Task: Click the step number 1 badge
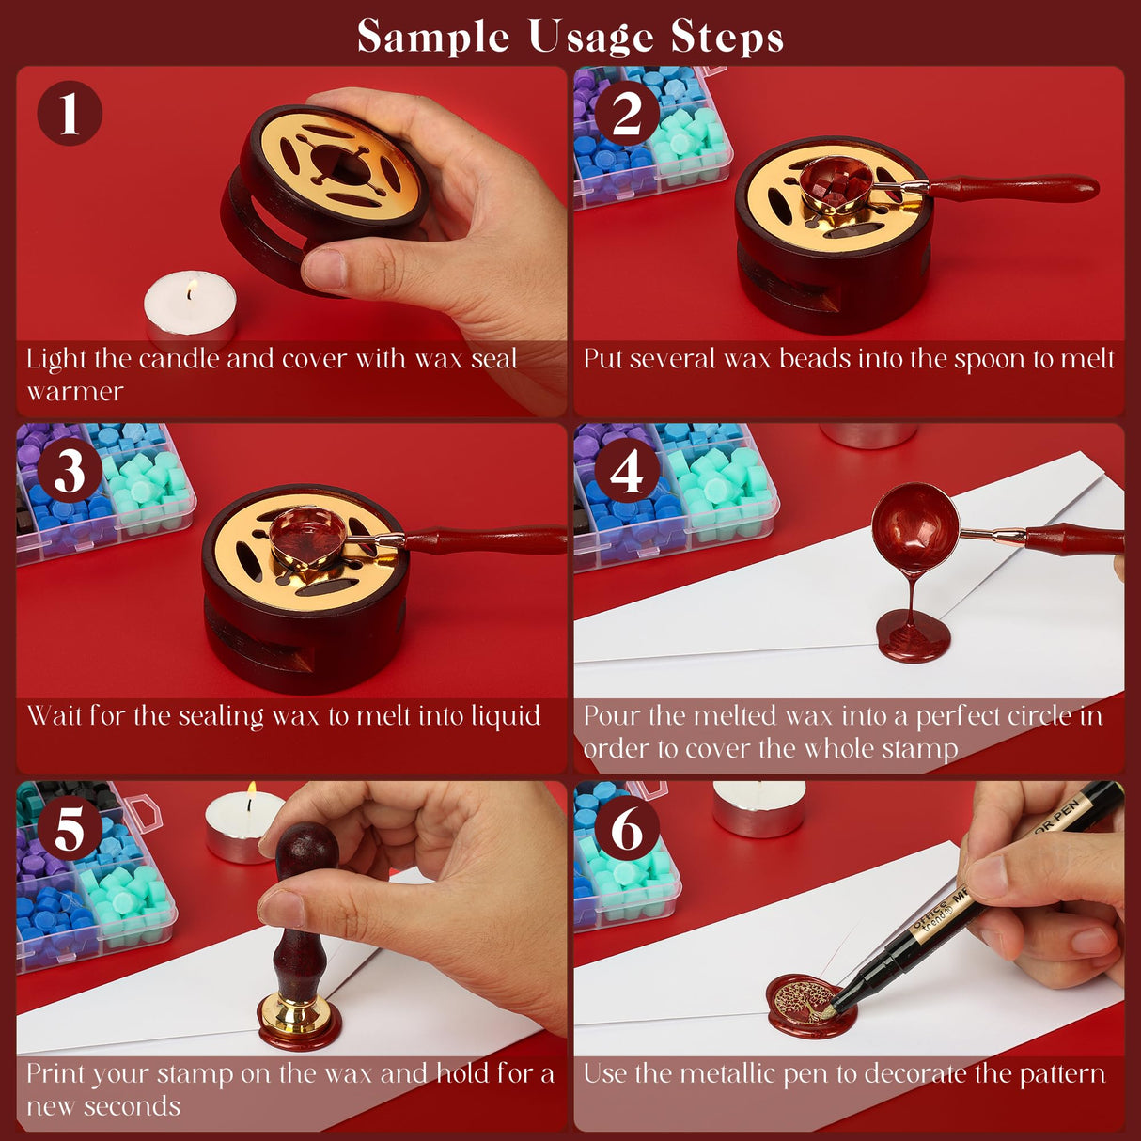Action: [x=69, y=113]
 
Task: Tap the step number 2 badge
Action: [x=627, y=113]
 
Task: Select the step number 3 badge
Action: [x=69, y=471]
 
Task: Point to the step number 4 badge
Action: [x=627, y=471]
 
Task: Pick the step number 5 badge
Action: [x=69, y=829]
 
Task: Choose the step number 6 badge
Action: [x=627, y=829]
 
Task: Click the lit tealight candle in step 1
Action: [x=190, y=310]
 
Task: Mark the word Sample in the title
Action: [x=433, y=38]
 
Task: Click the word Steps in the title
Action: [x=727, y=38]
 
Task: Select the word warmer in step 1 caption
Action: [x=75, y=392]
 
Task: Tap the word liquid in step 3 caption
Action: [x=505, y=716]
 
